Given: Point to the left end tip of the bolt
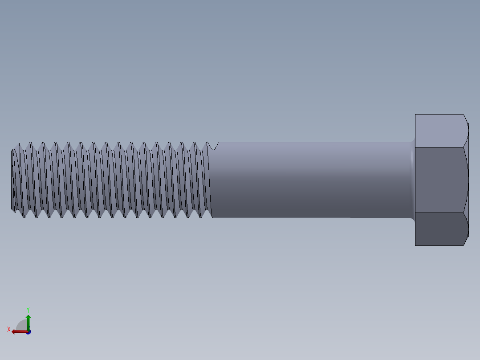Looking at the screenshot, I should pos(12,180).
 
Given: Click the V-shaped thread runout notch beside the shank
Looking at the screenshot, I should pos(214,146).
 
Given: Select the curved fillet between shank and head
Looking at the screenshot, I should pos(412,180).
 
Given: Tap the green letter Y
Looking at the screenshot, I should pos(28,309).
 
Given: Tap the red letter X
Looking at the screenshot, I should pos(9,330).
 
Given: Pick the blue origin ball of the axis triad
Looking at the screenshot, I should pos(28,332).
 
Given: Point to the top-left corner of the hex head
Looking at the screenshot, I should pos(415,115).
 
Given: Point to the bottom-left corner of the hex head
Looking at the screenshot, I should pos(415,245).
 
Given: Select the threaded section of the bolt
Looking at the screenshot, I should pos(111,180).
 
